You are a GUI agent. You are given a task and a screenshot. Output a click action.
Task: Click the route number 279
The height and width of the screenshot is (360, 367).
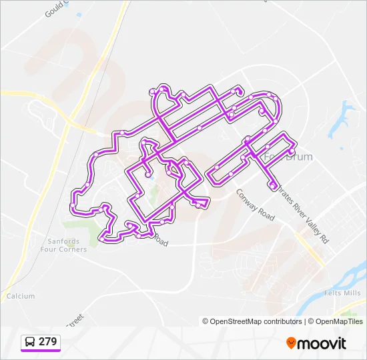[47, 341]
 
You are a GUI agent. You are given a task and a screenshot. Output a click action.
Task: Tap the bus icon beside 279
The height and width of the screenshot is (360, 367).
[31, 342]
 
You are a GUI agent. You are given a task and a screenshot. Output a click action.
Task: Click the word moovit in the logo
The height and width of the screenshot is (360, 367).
[322, 343]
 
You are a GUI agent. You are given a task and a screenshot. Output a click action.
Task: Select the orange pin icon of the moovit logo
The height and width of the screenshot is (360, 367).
[291, 343]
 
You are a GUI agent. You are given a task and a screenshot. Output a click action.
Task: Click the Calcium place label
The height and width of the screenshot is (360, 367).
[20, 295]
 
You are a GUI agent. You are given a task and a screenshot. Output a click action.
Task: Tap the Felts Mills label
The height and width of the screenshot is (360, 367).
[342, 293]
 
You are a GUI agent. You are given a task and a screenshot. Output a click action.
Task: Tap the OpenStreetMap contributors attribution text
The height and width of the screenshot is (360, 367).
[256, 321]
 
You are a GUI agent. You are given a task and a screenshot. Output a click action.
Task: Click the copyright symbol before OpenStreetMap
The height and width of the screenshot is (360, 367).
[206, 321]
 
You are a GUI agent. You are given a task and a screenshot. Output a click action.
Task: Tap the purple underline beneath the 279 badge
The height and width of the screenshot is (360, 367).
[40, 351]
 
